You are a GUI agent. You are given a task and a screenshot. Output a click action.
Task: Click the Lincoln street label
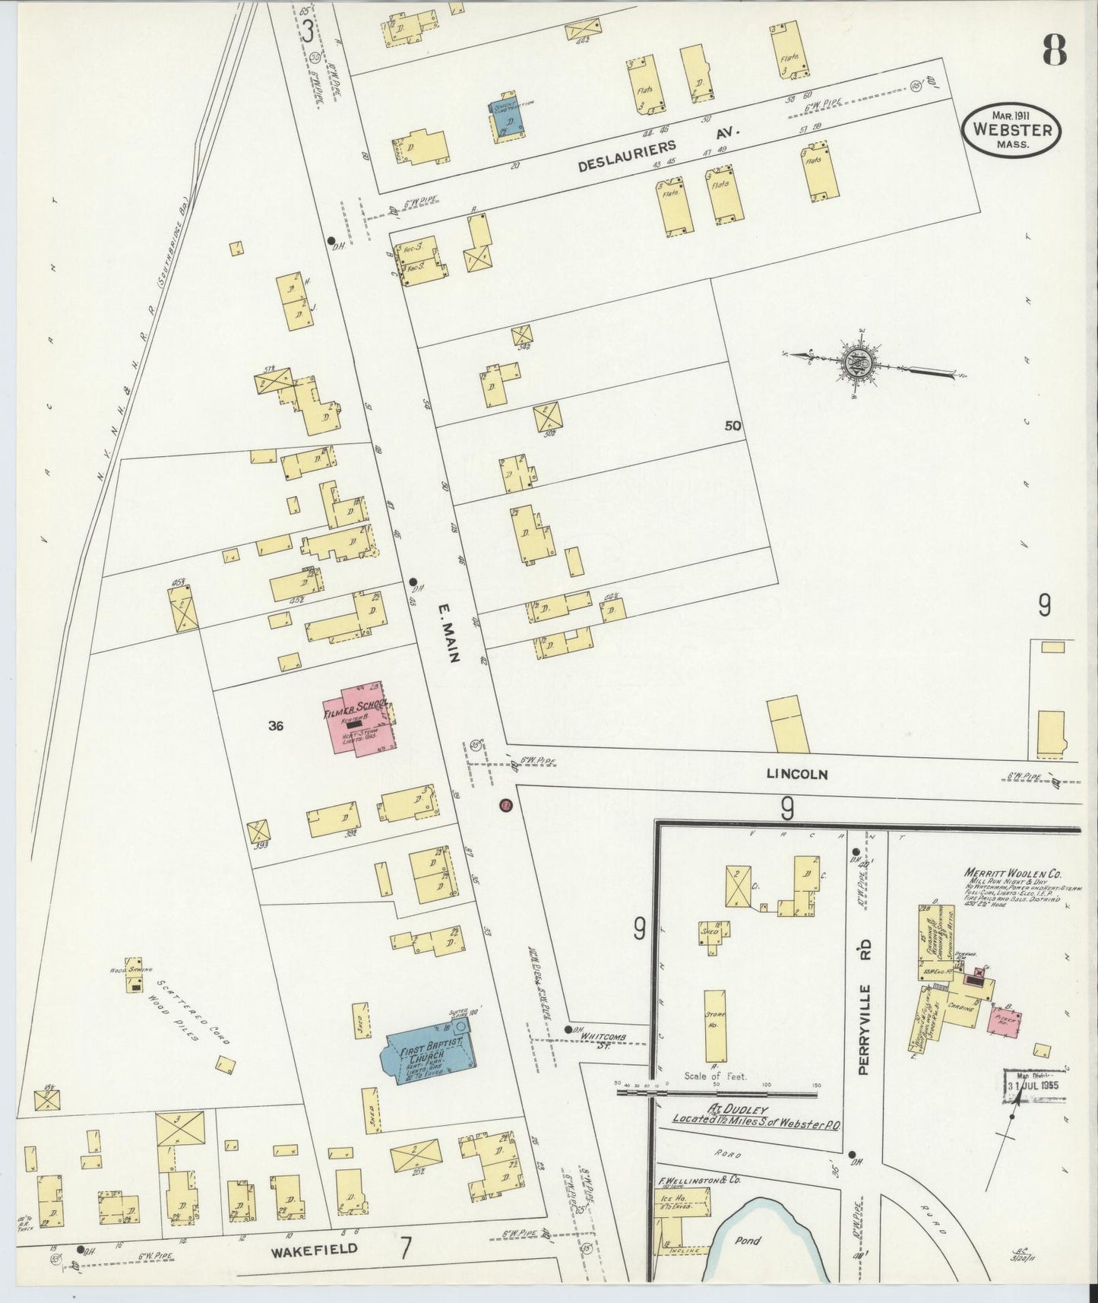[x=796, y=775]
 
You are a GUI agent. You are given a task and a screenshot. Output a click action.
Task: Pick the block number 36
[x=276, y=726]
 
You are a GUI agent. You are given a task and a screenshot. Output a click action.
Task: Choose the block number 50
[x=733, y=426]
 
